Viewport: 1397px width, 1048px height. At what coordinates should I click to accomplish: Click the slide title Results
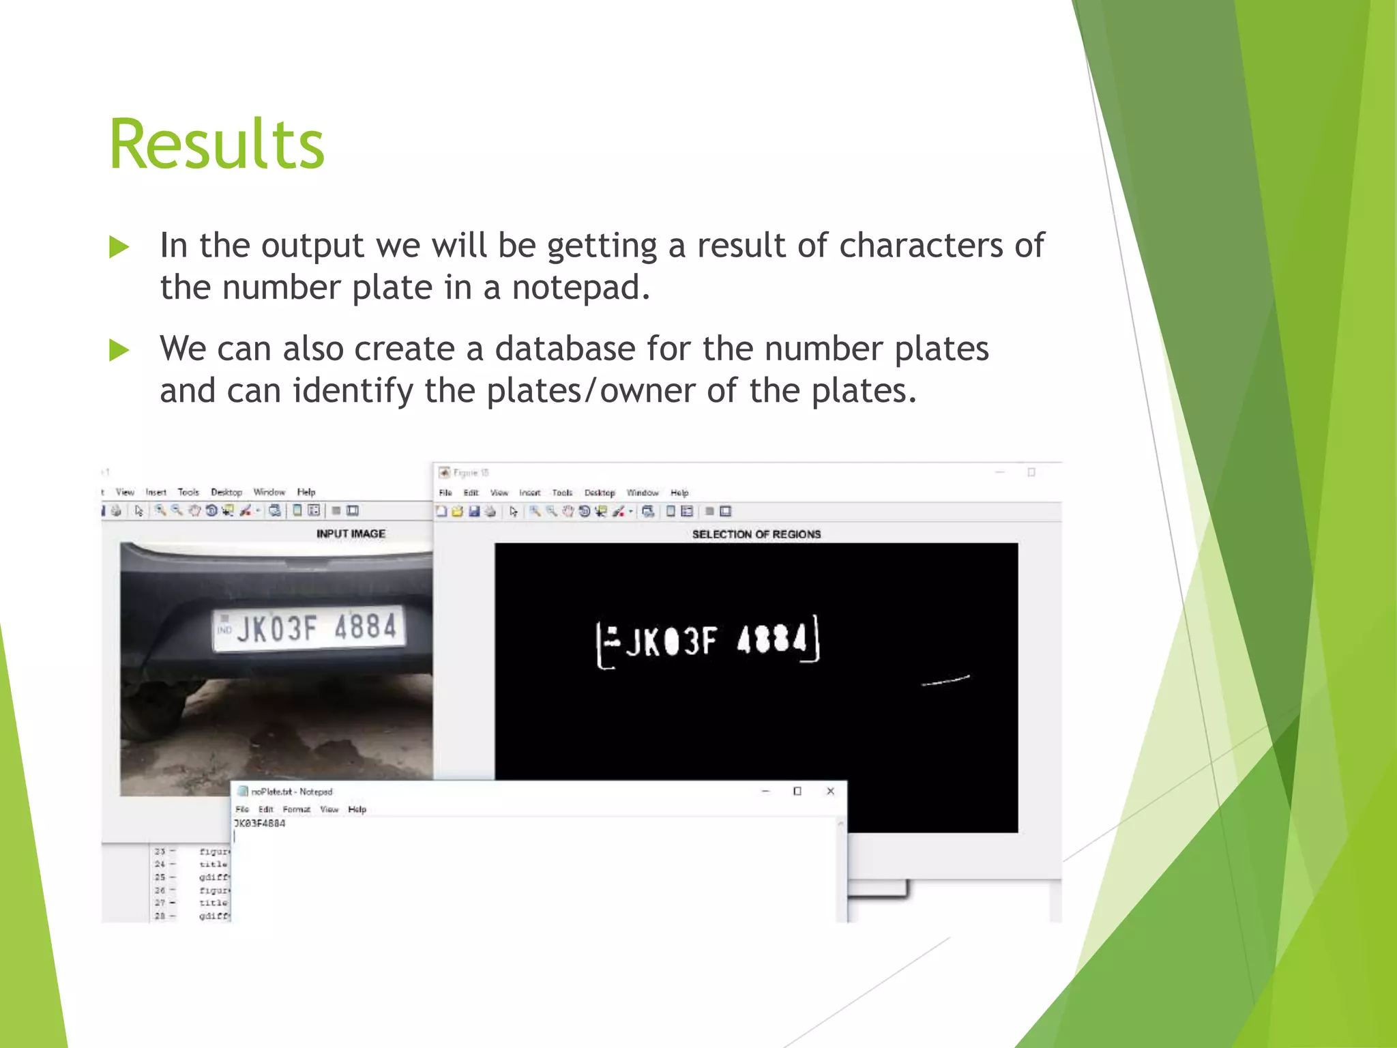click(x=217, y=145)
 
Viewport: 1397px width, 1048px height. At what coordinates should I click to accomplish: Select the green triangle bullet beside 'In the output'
click(x=119, y=247)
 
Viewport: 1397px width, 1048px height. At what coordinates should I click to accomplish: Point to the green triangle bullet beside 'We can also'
click(x=119, y=351)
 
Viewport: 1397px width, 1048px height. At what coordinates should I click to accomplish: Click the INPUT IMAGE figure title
click(x=351, y=534)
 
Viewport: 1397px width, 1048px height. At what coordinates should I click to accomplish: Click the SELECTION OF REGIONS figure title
click(x=756, y=534)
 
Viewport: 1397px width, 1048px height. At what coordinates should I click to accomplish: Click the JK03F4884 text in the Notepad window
click(x=260, y=824)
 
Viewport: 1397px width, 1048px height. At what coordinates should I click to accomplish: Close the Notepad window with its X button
click(x=830, y=791)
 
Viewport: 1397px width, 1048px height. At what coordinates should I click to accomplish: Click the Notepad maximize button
click(x=797, y=791)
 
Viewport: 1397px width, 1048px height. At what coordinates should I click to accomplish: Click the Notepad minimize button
click(x=765, y=791)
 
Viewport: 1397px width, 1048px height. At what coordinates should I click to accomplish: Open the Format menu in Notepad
click(x=296, y=810)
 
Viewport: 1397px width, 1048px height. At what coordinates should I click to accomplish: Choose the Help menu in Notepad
click(x=357, y=810)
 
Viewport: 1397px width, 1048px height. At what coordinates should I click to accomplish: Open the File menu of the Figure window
click(x=445, y=493)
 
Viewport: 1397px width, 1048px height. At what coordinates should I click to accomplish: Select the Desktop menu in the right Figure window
click(x=600, y=493)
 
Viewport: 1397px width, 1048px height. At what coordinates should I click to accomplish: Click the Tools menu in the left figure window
click(x=188, y=492)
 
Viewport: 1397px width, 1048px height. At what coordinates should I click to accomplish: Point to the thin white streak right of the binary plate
click(x=945, y=680)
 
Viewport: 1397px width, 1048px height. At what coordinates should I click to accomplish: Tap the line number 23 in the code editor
click(x=160, y=851)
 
